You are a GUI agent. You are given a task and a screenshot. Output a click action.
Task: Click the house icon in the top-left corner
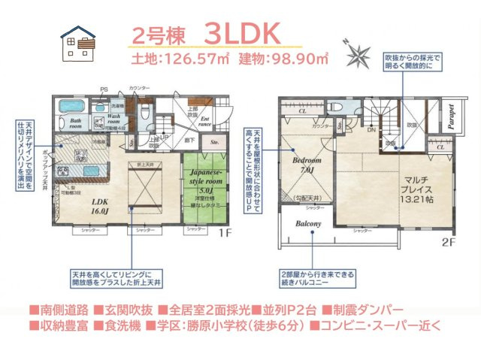[77, 43]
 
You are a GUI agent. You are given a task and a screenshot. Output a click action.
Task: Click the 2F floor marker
[448, 241]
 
